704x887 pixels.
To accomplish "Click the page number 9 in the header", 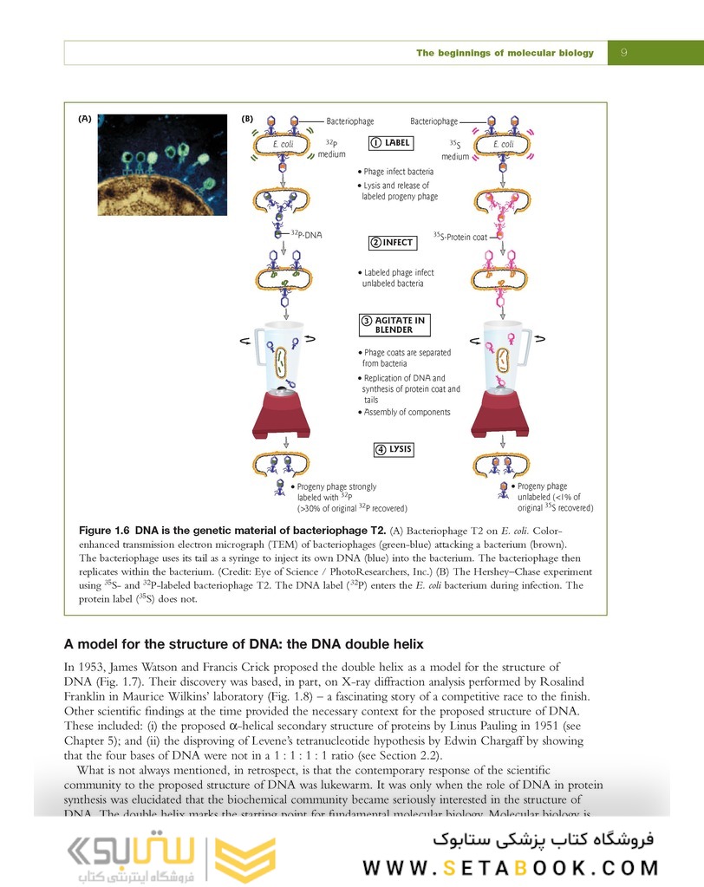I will (x=624, y=53).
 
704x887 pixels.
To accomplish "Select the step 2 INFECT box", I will (x=390, y=242).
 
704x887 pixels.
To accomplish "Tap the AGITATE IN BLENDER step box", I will (x=394, y=325).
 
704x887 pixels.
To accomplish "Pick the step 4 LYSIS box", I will (x=393, y=449).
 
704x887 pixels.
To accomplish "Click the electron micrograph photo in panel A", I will (x=163, y=165).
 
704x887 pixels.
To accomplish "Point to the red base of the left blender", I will (x=281, y=417).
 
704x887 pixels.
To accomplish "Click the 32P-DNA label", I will (x=305, y=234).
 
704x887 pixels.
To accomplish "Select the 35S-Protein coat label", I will (x=460, y=235).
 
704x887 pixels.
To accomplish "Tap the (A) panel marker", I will (x=84, y=118).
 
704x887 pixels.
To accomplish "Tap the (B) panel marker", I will (x=247, y=118).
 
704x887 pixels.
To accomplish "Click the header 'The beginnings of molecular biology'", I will (x=505, y=53).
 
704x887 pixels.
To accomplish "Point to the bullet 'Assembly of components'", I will (x=407, y=412).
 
